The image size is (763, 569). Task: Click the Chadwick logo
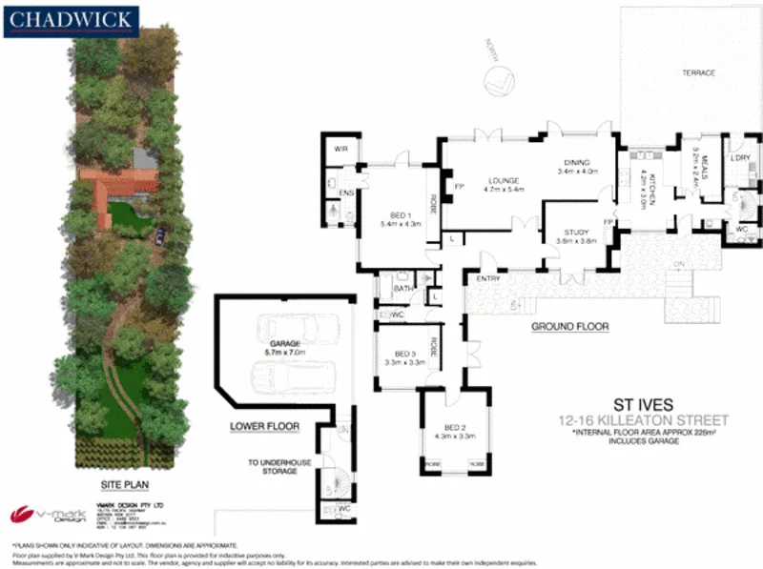[x=72, y=21]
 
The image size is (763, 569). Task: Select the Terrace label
[x=697, y=73]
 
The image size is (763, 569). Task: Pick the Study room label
[x=575, y=232]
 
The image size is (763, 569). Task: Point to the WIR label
[x=340, y=150]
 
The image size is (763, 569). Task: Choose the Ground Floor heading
[x=569, y=327]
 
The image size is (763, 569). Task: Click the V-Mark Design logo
[x=48, y=516]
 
